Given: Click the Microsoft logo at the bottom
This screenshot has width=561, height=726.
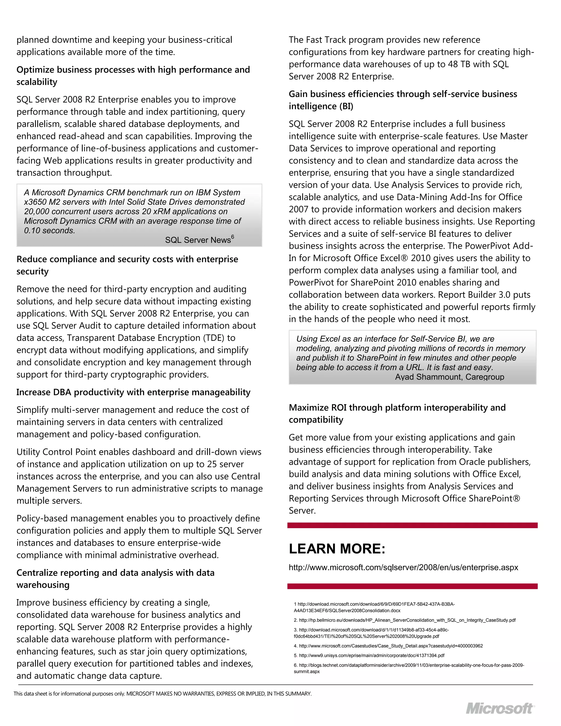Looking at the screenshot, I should pos(499,709).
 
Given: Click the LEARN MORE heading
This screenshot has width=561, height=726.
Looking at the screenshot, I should pos(337,548).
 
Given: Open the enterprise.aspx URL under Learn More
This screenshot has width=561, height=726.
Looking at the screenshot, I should pos(403,567).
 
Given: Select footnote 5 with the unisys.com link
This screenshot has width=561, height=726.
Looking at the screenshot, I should pos(369,656).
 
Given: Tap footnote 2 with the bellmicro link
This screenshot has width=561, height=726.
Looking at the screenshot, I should pos(405,620).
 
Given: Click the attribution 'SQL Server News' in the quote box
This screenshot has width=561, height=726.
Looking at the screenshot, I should pos(198,240).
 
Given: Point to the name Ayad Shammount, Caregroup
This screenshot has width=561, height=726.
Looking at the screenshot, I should pos(449,377).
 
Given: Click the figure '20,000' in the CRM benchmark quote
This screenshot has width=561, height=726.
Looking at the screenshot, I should pos(36,211).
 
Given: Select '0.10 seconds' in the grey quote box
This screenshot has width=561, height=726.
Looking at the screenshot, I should pos(49,230).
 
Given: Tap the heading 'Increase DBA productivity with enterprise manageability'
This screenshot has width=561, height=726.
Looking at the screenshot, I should pos(133,392).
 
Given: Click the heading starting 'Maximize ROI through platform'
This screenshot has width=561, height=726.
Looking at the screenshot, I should pos(397,408).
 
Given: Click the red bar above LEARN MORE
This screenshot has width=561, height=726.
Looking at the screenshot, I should pos(412,525).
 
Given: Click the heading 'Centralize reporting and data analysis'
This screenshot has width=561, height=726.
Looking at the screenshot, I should pos(115,573).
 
